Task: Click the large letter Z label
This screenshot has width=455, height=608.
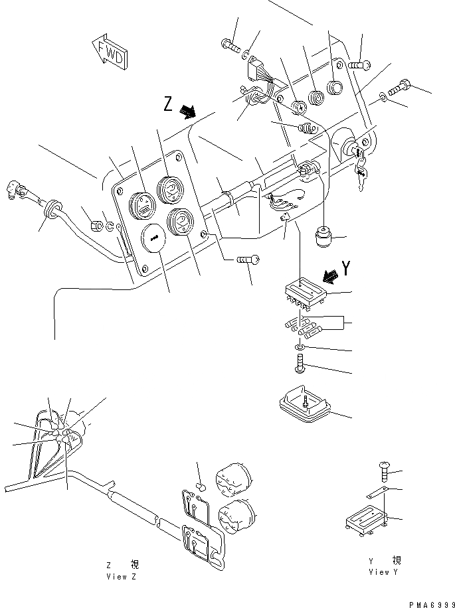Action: point(169,104)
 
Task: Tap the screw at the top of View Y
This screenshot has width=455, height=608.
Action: point(384,472)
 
